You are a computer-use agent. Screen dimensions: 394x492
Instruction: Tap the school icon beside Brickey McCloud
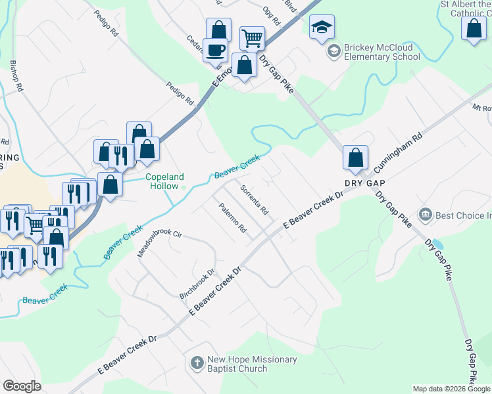tap(335, 49)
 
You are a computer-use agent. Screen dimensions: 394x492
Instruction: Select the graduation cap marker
tap(322, 27)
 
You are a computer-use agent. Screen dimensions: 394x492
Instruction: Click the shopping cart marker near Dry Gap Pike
tap(252, 38)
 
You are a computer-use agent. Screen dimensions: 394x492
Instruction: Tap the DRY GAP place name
tap(363, 182)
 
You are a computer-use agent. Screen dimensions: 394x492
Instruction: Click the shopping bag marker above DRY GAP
tap(355, 157)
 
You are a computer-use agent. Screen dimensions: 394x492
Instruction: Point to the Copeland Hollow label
tap(164, 181)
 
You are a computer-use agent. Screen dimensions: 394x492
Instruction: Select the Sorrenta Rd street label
tap(254, 201)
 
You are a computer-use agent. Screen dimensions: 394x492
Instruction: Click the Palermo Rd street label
tap(233, 219)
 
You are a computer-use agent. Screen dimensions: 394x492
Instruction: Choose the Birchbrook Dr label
tap(197, 284)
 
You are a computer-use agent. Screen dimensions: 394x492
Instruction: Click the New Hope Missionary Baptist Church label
tap(252, 364)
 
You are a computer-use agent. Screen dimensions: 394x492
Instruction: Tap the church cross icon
tap(196, 362)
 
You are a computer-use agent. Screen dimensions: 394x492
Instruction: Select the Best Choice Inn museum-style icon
tap(426, 214)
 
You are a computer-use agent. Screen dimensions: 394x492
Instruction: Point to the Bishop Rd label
tap(16, 76)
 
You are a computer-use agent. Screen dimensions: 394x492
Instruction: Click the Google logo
tap(22, 386)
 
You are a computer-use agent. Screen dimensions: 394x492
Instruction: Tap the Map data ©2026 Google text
tap(451, 389)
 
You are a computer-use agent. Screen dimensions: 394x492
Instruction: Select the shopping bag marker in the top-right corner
tap(474, 29)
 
